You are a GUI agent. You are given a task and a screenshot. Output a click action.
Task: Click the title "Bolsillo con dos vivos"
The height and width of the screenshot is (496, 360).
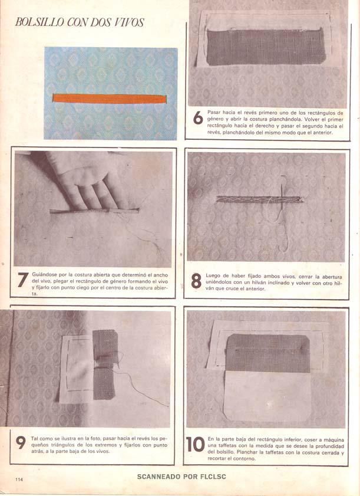(80, 22)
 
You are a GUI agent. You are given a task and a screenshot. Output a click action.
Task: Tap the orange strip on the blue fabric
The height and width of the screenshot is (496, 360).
(110, 98)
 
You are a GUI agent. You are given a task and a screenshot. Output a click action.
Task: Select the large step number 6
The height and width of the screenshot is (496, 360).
(198, 118)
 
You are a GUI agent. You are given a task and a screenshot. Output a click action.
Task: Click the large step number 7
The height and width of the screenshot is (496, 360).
(23, 280)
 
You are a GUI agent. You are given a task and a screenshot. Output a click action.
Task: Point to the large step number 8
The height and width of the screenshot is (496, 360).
(196, 281)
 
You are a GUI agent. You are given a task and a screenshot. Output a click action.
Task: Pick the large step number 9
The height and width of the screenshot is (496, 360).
(21, 443)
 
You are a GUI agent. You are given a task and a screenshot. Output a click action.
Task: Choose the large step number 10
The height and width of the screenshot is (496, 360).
(196, 445)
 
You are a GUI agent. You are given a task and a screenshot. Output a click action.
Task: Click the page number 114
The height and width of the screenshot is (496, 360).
(19, 479)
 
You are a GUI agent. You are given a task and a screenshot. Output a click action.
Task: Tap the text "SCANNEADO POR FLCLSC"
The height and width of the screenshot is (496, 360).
(181, 477)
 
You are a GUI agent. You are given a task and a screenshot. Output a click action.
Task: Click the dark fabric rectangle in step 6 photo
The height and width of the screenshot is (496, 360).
(266, 47)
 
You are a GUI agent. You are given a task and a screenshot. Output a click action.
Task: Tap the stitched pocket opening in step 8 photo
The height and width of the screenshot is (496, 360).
(259, 199)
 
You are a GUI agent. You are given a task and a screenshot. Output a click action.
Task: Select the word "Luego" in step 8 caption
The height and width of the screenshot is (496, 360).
(213, 276)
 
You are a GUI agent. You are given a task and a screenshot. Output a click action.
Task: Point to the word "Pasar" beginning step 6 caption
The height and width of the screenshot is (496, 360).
(214, 112)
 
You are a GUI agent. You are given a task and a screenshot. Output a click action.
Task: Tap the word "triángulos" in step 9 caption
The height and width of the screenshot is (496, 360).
(63, 445)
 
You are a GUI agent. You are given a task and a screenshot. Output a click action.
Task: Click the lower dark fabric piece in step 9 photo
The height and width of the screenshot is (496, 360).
(104, 383)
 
